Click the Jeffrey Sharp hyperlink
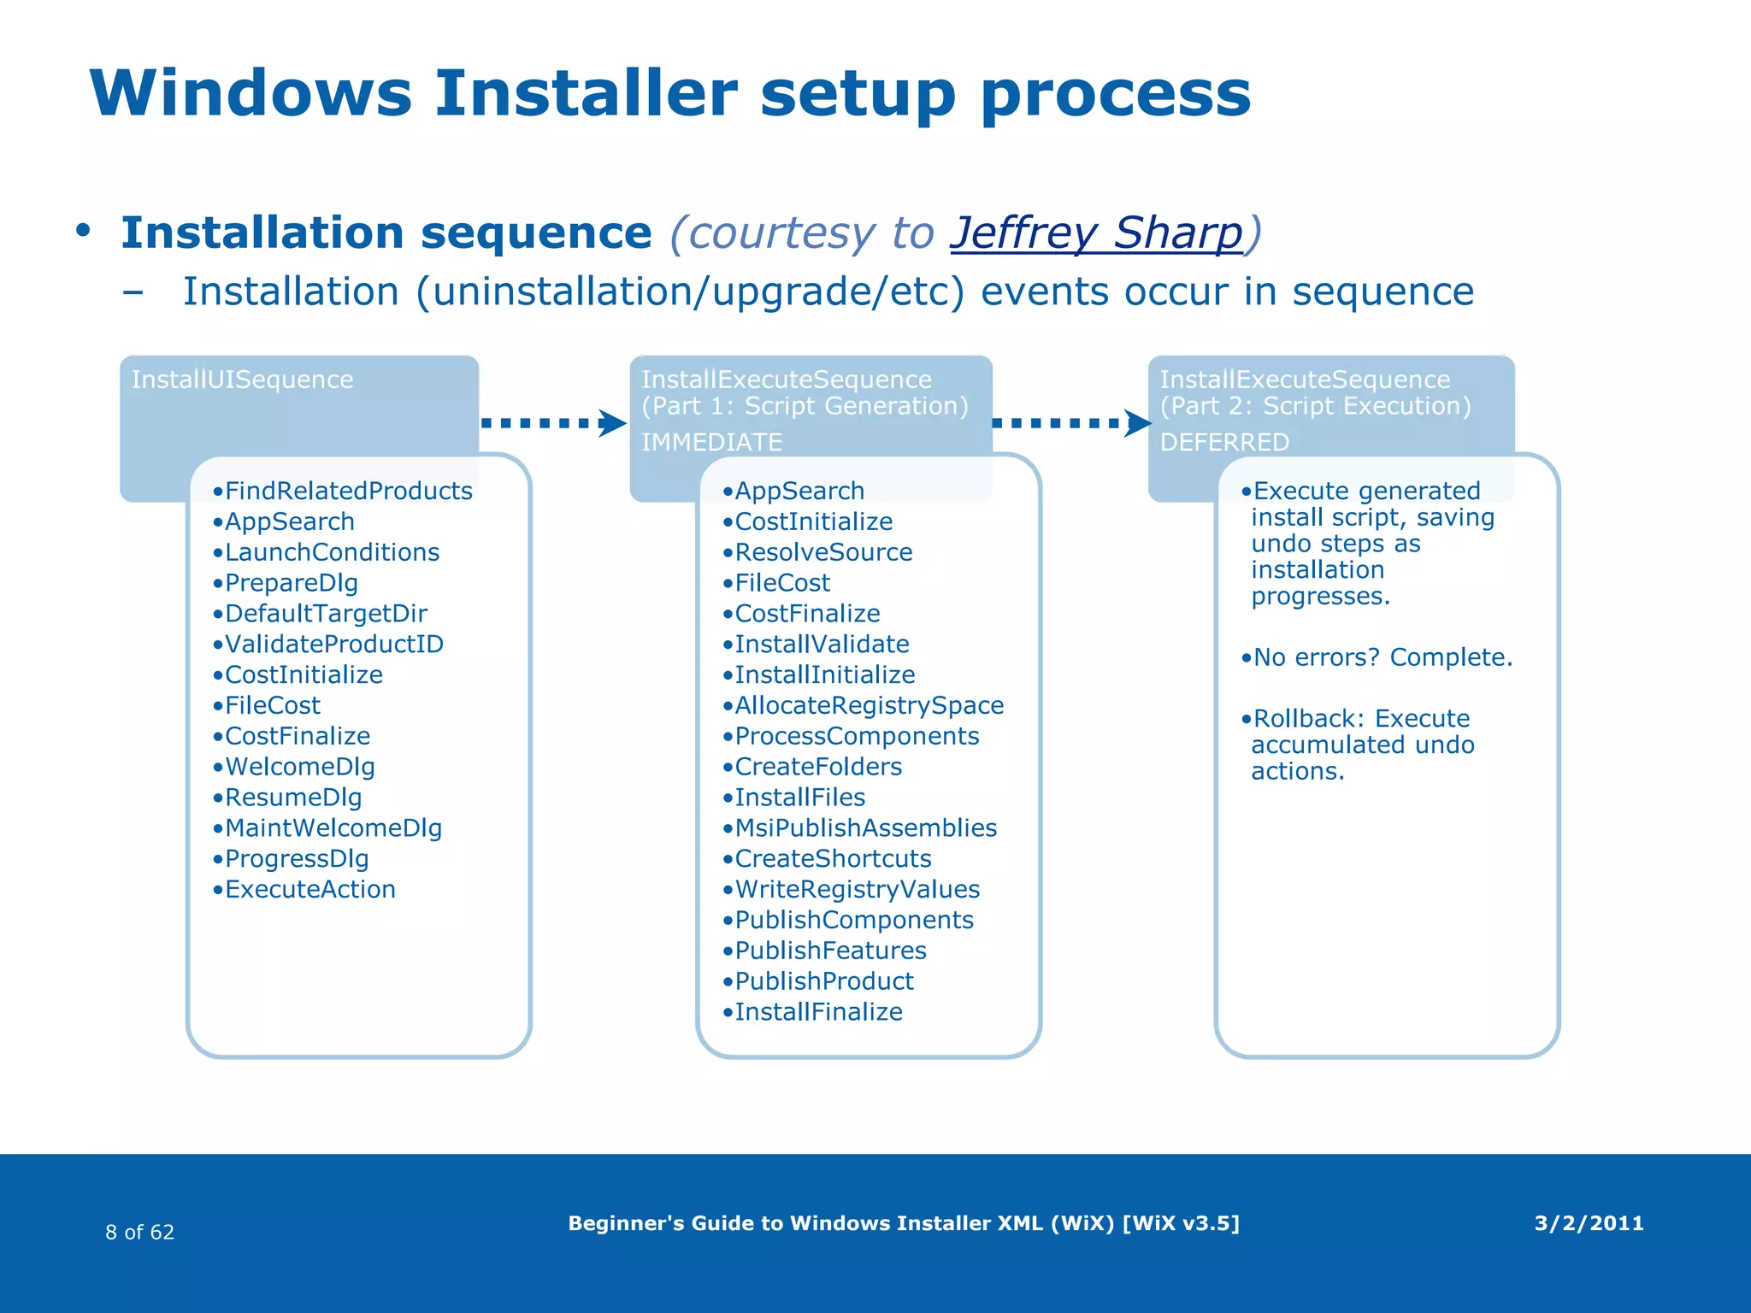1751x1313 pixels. coord(1097,233)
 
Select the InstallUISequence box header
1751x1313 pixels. coord(242,380)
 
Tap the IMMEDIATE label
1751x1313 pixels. coord(711,442)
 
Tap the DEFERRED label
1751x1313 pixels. coord(1224,442)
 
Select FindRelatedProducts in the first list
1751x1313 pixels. coord(348,491)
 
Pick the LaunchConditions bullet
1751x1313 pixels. coord(332,552)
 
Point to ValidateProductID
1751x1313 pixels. coord(333,645)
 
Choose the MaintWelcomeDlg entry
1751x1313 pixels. coord(333,828)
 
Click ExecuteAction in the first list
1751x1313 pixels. coord(310,890)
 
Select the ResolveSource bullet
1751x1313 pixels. coord(823,552)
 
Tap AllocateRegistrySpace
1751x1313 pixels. coord(869,706)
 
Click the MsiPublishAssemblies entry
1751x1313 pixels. coord(865,828)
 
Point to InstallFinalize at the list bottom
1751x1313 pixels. coord(818,1012)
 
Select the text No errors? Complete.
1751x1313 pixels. coord(1383,657)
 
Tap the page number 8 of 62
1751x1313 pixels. coord(139,1232)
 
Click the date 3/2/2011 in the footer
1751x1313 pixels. coord(1589,1223)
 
